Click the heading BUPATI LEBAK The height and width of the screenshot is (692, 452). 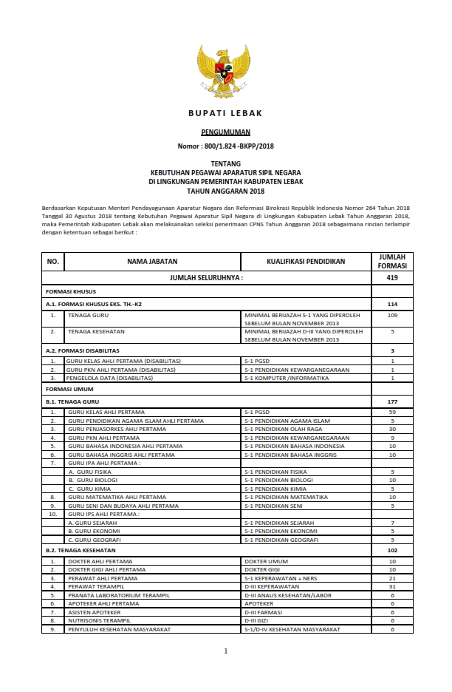[225, 113]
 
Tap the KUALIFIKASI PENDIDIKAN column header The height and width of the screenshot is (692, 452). [306, 262]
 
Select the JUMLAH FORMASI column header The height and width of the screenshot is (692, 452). [392, 262]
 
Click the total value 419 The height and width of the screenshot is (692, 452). [392, 278]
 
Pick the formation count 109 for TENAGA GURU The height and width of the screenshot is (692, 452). [392, 315]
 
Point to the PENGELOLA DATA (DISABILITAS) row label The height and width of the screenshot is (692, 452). [110, 378]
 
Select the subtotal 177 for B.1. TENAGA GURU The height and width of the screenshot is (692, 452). [392, 401]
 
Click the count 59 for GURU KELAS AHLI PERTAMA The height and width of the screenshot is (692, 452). [392, 411]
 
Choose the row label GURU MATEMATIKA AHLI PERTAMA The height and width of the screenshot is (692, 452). [117, 497]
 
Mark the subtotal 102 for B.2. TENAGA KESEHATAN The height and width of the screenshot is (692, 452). [392, 551]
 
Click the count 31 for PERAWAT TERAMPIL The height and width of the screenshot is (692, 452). [392, 587]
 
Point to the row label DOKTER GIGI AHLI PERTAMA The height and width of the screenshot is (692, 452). [109, 570]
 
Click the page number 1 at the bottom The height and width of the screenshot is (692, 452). [226, 651]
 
